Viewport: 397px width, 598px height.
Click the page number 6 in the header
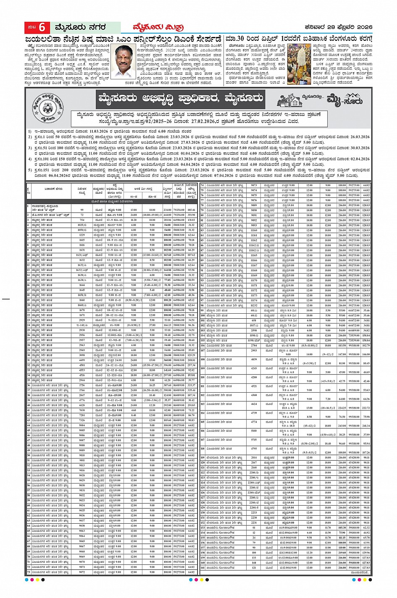click(42, 28)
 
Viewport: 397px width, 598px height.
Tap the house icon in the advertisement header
click(289, 100)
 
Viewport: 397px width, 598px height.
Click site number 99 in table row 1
click(82, 210)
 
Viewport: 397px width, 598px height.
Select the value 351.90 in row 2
click(192, 215)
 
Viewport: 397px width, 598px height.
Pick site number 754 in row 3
click(82, 220)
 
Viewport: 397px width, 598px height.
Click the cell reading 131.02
click(192, 220)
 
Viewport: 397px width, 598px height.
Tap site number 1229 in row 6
click(82, 235)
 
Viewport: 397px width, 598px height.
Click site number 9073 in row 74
click(254, 185)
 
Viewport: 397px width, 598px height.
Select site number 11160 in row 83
click(254, 231)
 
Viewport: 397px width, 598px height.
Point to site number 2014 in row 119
click(254, 458)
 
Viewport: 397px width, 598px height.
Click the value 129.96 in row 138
click(366, 553)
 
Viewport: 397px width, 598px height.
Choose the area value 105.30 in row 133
click(342, 528)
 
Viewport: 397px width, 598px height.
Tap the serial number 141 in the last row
click(202, 568)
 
